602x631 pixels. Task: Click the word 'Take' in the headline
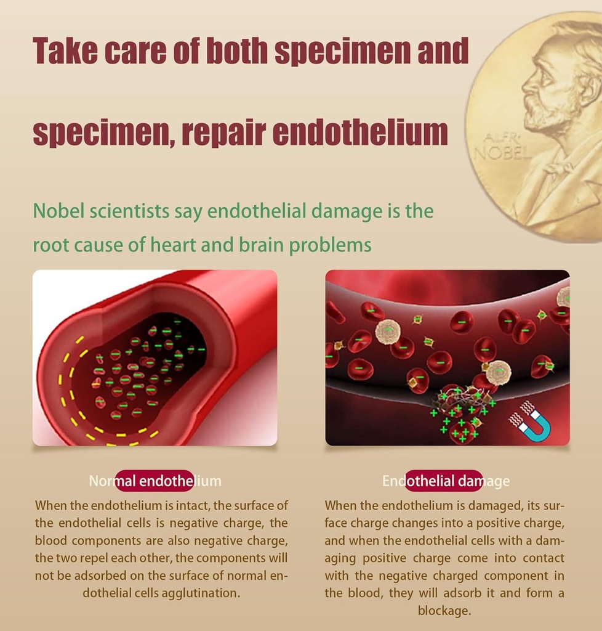[x=65, y=51]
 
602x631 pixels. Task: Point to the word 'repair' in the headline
[x=224, y=133]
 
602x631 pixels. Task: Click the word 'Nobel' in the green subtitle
[x=58, y=211]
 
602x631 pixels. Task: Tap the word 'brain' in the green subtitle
[x=262, y=244]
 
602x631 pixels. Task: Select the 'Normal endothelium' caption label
[x=155, y=481]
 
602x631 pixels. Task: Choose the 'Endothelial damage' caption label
[x=446, y=481]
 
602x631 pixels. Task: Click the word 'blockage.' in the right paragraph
[x=444, y=611]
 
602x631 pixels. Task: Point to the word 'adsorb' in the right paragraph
[x=470, y=593]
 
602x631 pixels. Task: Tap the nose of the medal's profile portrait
[x=525, y=85]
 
